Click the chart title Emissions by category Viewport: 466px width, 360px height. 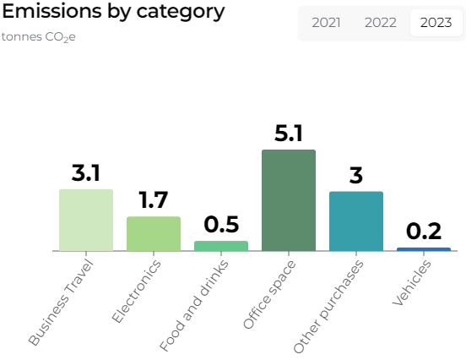tap(114, 12)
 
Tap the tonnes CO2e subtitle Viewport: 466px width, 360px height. tap(39, 37)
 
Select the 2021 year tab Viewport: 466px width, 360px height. tap(326, 23)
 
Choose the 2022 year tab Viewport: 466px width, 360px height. tap(380, 23)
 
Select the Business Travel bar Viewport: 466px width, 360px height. tap(86, 220)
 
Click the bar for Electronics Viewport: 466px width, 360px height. tap(154, 233)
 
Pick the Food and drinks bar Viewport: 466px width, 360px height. tap(221, 246)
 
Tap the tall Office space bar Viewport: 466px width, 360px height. tap(289, 200)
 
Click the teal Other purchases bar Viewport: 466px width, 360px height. tap(356, 221)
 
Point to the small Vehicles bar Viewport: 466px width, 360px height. tap(424, 249)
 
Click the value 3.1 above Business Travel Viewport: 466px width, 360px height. tap(86, 173)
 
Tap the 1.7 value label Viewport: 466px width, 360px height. tap(154, 200)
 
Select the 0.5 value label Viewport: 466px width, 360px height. tap(221, 225)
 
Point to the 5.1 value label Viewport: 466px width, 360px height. tap(289, 134)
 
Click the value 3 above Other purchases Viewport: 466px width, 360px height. tap(356, 176)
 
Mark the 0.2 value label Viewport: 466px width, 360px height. tap(424, 232)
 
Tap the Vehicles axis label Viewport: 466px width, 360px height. tap(413, 282)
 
